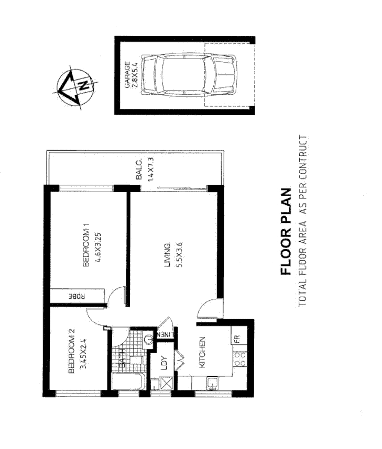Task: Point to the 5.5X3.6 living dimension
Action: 179,255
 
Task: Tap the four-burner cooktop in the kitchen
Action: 240,358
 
